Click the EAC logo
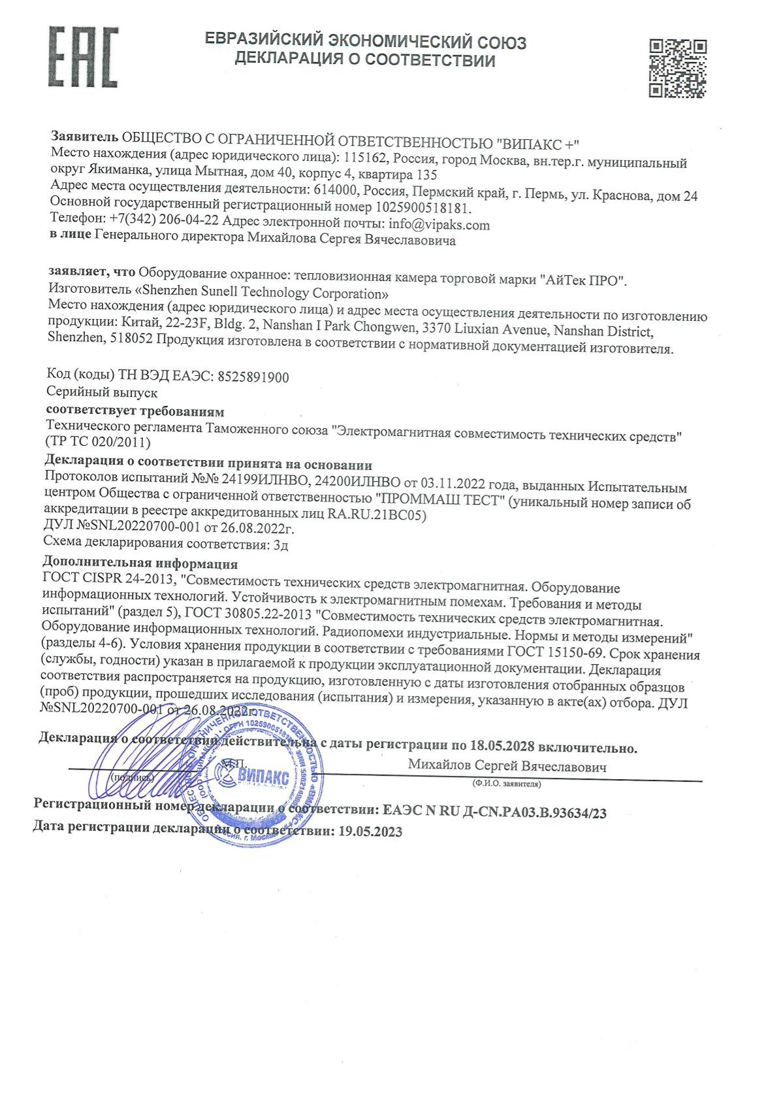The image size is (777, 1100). [83, 57]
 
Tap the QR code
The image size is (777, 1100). [677, 68]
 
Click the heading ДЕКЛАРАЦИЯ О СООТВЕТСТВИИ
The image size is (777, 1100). [365, 61]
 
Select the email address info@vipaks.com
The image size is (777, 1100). [439, 225]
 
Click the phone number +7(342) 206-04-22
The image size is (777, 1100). [164, 219]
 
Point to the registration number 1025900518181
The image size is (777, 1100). [422, 208]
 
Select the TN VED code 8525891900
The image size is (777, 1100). [253, 377]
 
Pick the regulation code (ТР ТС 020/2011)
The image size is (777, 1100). [98, 442]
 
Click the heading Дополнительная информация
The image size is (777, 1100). [140, 563]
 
